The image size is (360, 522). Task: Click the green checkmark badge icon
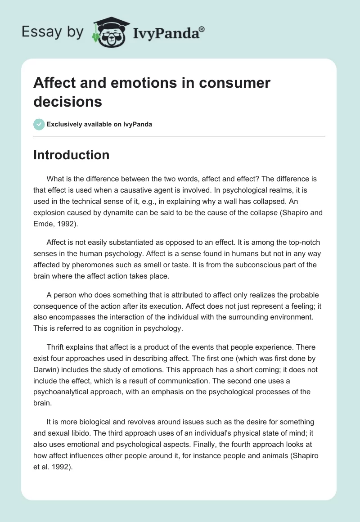click(x=39, y=124)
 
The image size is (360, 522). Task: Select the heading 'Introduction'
click(x=71, y=155)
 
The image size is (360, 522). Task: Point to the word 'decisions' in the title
click(x=68, y=102)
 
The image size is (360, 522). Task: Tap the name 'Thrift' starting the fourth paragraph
click(x=57, y=347)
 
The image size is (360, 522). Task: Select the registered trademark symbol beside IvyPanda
click(x=202, y=29)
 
